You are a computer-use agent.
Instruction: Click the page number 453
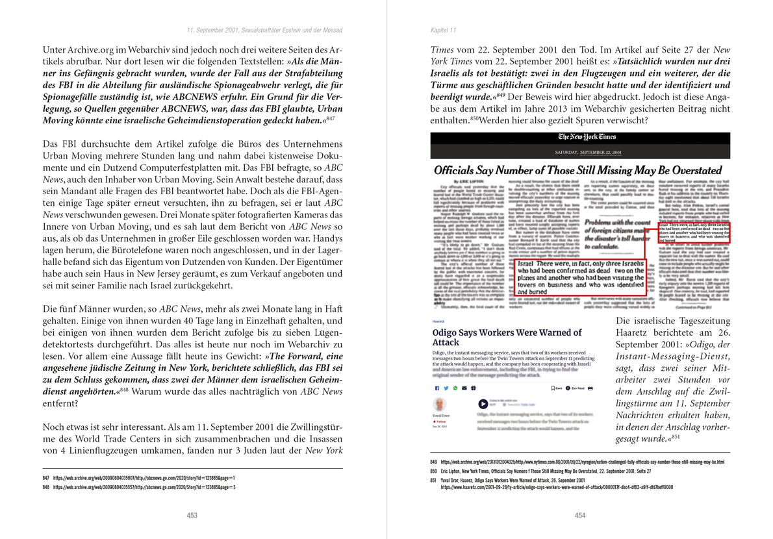click(192, 515)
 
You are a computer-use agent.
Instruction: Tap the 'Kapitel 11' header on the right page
click(444, 31)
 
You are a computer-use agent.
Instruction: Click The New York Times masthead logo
click(580, 137)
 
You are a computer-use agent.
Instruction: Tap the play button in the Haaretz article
click(483, 404)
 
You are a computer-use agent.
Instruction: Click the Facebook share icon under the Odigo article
click(437, 388)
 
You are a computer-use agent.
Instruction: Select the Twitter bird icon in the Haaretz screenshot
click(446, 388)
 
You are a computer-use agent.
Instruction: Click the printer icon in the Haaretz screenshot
click(590, 388)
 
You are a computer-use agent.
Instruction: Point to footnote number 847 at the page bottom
click(46, 477)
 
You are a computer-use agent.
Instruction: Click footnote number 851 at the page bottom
click(434, 480)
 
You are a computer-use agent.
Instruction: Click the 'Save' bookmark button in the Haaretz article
click(556, 388)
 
